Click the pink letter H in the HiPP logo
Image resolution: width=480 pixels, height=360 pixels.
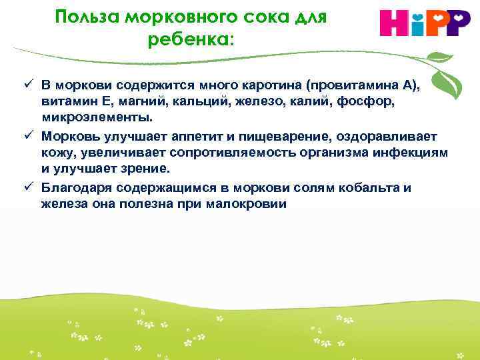(394, 24)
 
